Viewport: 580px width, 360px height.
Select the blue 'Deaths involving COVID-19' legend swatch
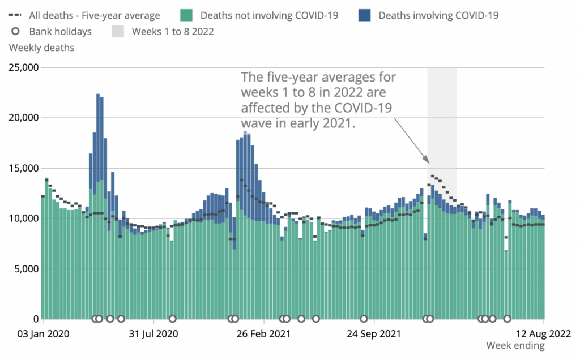click(364, 15)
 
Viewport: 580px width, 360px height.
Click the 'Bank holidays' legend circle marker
click(16, 32)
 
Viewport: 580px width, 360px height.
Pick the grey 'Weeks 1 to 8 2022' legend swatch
click(118, 32)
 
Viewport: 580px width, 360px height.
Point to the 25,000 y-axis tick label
click(23, 68)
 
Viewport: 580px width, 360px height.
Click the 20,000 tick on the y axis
click(23, 118)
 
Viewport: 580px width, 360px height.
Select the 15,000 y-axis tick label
click(23, 168)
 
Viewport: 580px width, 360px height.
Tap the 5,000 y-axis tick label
click(25, 268)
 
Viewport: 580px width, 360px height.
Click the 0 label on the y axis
click(35, 319)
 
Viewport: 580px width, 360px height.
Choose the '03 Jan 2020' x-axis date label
click(43, 333)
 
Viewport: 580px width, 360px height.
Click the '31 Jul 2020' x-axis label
click(153, 333)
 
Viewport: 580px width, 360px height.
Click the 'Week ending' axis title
click(515, 345)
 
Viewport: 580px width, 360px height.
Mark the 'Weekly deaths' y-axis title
click(41, 48)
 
